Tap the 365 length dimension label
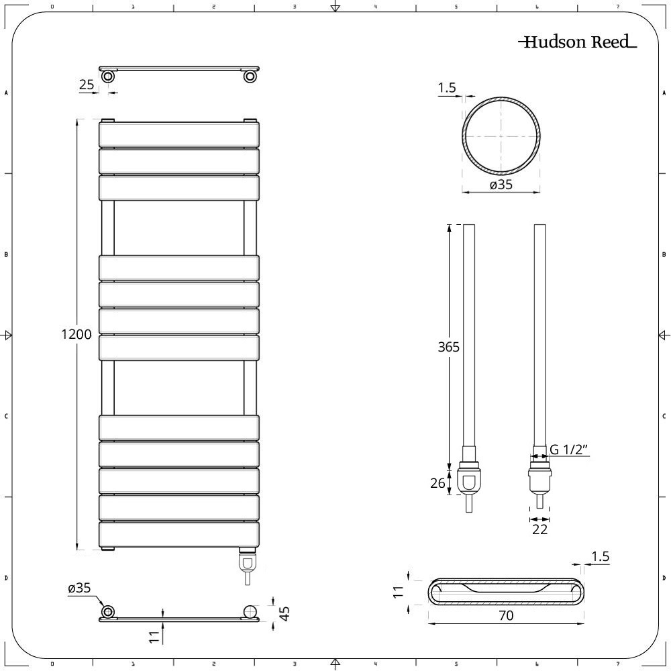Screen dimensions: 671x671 tap(448, 347)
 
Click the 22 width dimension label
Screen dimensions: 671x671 tap(539, 529)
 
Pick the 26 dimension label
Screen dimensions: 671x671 tap(437, 483)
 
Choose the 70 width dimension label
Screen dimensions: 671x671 tap(506, 615)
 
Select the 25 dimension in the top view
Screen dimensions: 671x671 tap(86, 85)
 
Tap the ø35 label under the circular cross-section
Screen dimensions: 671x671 tap(501, 185)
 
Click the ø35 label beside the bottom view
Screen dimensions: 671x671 tap(79, 588)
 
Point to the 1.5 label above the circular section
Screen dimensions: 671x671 tap(447, 88)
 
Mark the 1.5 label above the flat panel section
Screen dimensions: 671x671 tap(601, 556)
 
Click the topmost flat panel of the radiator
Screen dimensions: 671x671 tap(178, 134)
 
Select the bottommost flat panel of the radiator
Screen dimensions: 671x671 tap(178, 534)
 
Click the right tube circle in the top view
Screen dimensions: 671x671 tap(250, 76)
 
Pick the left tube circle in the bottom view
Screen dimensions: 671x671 tap(107, 611)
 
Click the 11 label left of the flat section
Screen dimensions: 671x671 tap(398, 591)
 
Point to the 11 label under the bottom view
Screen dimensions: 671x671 tap(154, 633)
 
